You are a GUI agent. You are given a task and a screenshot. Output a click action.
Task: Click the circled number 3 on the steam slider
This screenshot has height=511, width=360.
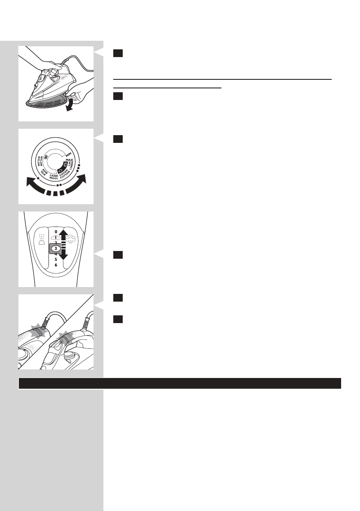point(56,248)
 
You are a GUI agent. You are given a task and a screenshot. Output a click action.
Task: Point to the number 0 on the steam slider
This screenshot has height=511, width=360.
point(56,231)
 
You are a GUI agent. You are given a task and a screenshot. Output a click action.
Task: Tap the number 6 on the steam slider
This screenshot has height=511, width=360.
point(56,265)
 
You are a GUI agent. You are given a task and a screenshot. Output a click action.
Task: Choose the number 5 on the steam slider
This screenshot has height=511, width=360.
point(56,259)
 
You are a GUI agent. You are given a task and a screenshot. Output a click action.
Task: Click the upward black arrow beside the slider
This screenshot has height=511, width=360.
point(64,235)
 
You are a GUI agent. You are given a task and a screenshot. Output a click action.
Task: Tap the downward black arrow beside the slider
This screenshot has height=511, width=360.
point(64,256)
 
